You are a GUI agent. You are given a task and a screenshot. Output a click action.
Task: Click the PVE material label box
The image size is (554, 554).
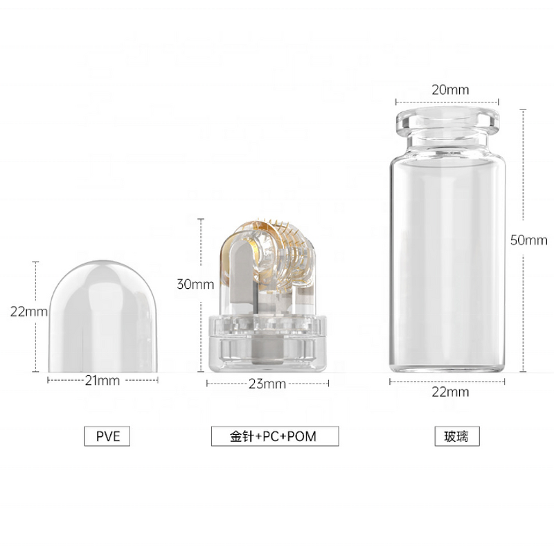click(x=107, y=436)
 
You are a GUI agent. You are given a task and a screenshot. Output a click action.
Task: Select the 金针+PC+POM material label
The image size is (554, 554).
click(x=275, y=436)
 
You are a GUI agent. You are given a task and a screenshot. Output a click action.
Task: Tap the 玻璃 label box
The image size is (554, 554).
click(x=457, y=436)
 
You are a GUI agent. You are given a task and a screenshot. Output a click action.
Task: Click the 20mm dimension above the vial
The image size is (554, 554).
click(x=450, y=90)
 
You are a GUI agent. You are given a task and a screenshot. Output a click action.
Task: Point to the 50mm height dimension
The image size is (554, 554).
click(x=528, y=240)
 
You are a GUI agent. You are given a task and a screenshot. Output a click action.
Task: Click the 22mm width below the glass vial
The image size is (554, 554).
click(x=450, y=392)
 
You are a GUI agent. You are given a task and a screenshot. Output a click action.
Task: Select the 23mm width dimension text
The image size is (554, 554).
click(x=267, y=384)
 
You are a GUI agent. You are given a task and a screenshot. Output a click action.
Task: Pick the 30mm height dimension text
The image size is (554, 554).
click(x=195, y=284)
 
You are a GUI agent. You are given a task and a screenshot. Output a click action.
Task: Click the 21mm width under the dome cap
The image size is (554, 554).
click(x=102, y=380)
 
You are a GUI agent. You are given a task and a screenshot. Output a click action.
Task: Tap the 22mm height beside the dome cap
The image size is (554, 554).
click(x=28, y=312)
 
